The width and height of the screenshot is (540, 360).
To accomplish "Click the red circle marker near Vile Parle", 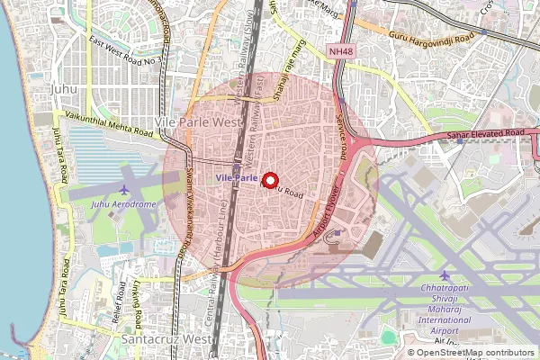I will [x=269, y=180].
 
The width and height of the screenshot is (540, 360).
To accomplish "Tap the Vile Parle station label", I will [x=236, y=179].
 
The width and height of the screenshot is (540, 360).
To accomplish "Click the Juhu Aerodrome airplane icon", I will [x=123, y=189].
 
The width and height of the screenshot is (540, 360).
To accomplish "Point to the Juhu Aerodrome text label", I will [x=123, y=204].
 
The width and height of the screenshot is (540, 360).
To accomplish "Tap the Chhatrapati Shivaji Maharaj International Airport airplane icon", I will [x=444, y=274].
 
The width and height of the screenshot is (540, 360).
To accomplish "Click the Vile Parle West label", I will [x=199, y=121].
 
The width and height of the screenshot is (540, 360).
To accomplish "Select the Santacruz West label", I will [x=163, y=339].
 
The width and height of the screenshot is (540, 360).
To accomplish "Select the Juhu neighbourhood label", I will [x=64, y=90].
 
